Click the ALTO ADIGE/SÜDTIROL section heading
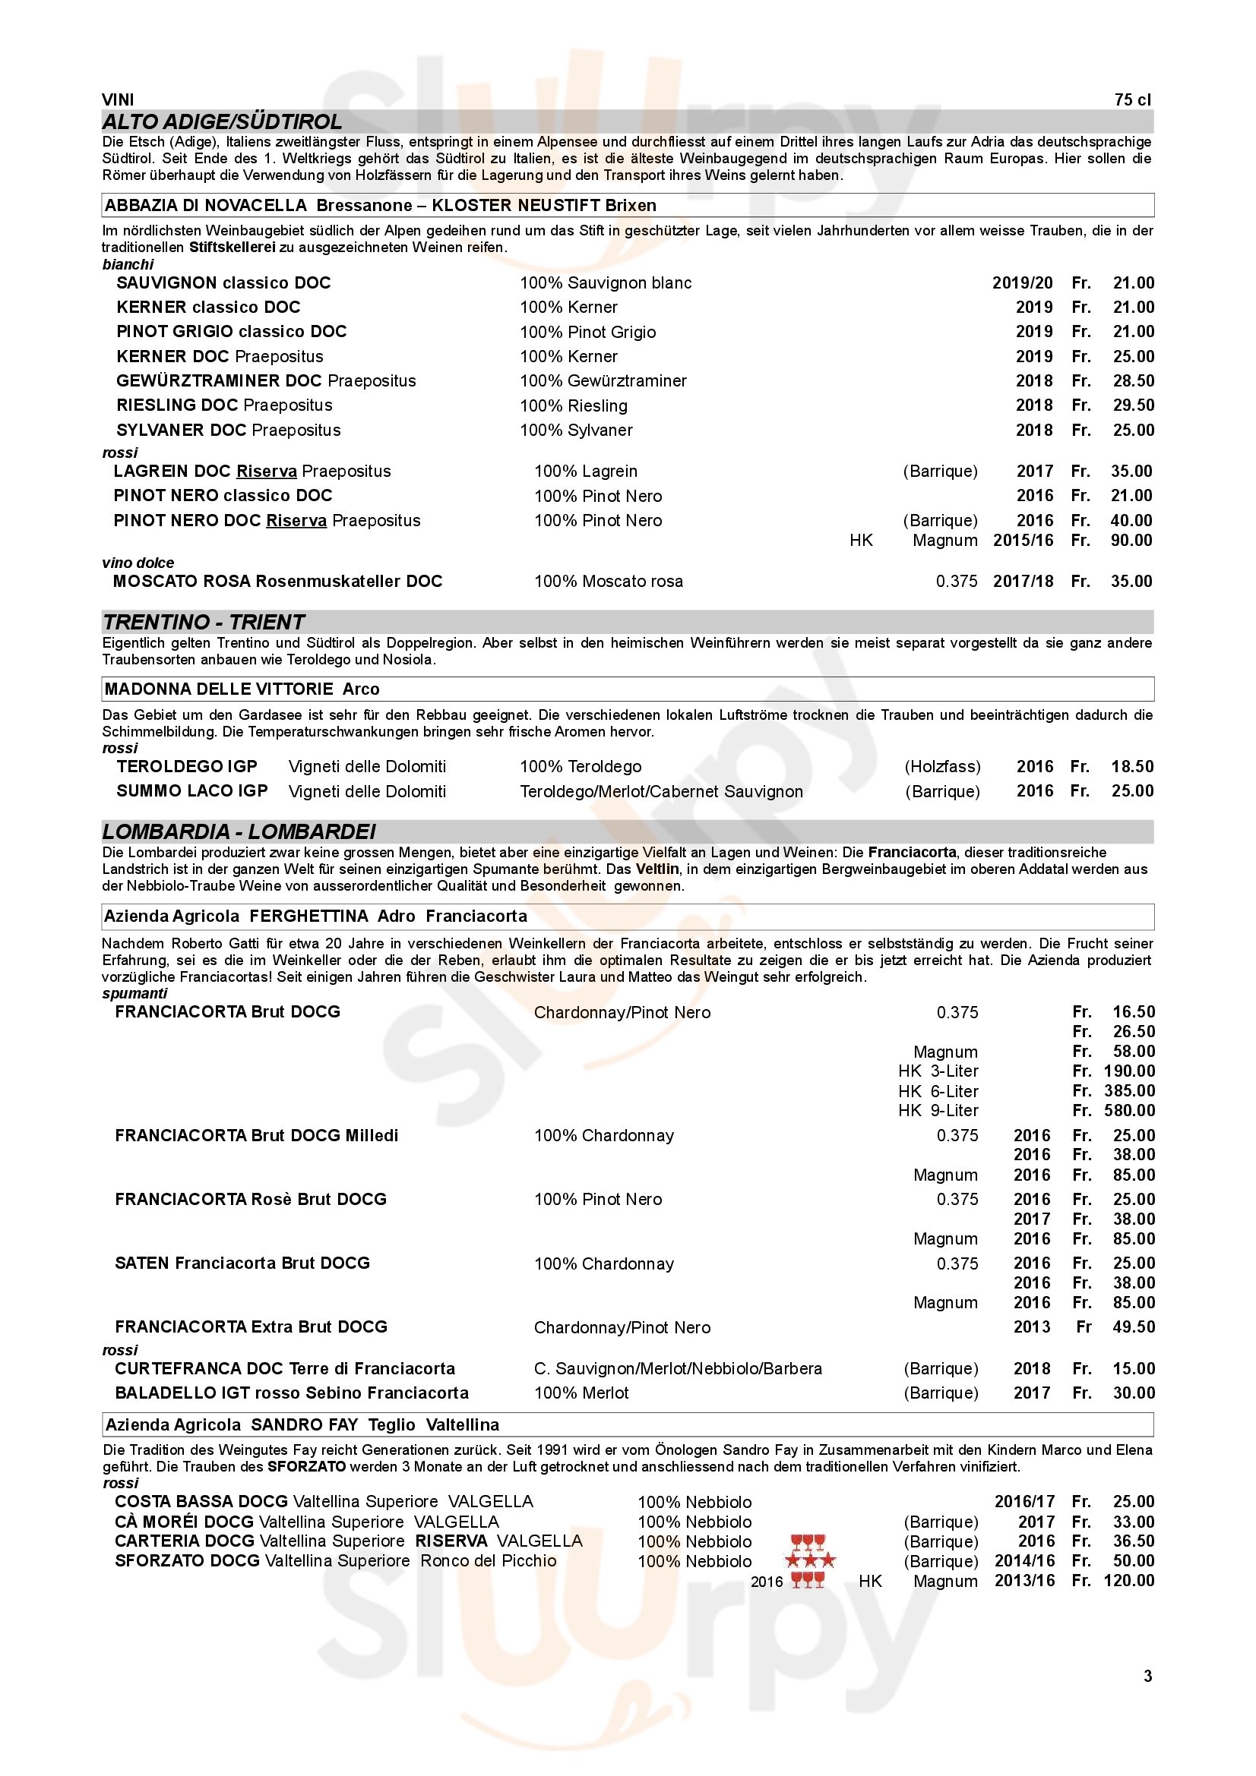[222, 122]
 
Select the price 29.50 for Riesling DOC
[1133, 405]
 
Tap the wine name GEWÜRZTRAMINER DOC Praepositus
[265, 380]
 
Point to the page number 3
[1147, 1676]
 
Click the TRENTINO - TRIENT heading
[204, 622]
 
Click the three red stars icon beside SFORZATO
[810, 1561]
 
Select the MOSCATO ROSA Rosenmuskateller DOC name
[277, 582]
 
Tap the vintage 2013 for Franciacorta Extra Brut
[1032, 1327]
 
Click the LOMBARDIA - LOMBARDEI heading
[239, 831]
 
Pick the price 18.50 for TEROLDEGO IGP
[1132, 767]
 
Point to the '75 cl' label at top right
[1132, 99]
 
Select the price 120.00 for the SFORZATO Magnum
[1128, 1581]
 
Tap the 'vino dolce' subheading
[138, 563]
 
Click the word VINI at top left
[118, 99]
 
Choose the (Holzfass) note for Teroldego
[941, 767]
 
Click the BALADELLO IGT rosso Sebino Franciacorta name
[291, 1393]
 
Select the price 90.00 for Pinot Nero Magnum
[1131, 541]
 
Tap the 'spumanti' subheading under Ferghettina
[134, 994]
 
